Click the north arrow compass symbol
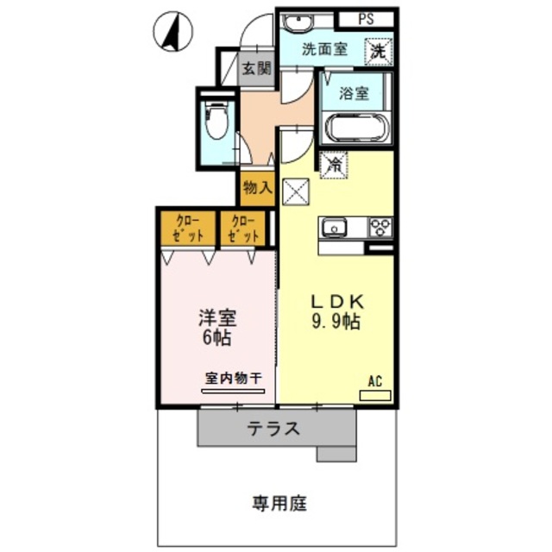[x=172, y=33]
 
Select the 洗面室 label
[x=325, y=49]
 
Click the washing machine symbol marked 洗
[x=379, y=52]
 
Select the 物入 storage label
[x=257, y=187]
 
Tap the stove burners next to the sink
[x=379, y=228]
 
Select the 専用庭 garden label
[x=280, y=503]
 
